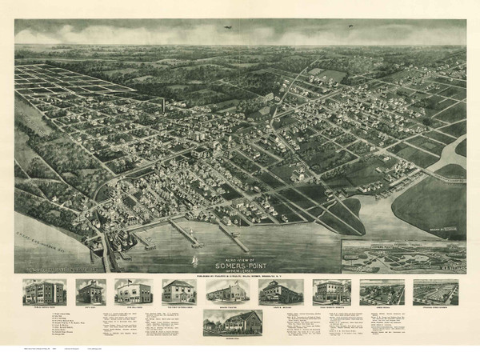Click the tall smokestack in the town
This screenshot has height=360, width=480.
(162, 106)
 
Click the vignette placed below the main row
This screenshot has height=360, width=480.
(233, 322)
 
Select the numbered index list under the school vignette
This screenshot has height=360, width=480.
(46, 320)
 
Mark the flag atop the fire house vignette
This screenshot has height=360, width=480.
(133, 280)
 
